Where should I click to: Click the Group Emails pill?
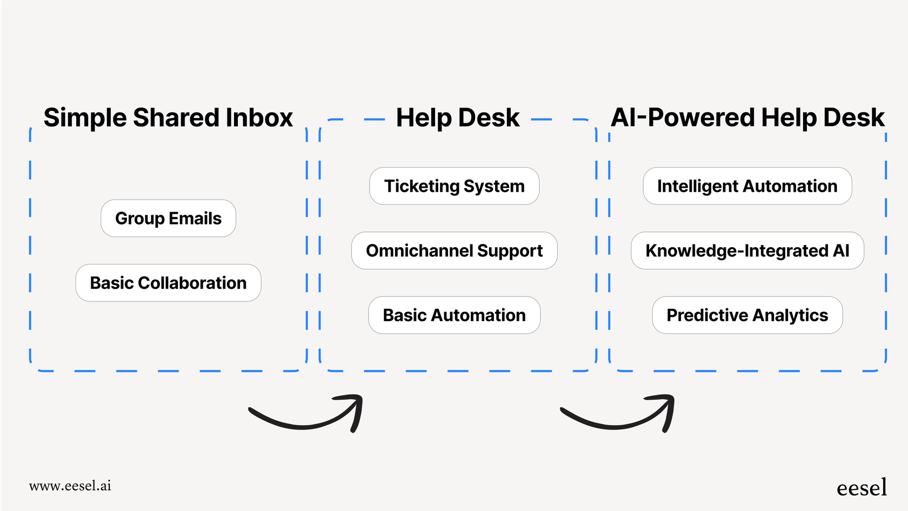click(168, 218)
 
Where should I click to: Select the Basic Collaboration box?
click(168, 283)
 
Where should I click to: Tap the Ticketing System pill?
click(454, 186)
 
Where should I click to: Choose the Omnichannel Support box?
click(454, 251)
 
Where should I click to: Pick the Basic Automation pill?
click(454, 315)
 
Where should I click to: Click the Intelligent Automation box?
click(747, 186)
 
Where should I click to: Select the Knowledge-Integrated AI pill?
click(747, 251)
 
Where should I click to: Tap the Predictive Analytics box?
click(747, 315)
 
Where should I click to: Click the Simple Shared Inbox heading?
click(168, 118)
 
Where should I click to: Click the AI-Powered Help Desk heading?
click(747, 118)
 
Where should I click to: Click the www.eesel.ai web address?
click(70, 486)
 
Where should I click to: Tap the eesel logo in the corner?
click(862, 488)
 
